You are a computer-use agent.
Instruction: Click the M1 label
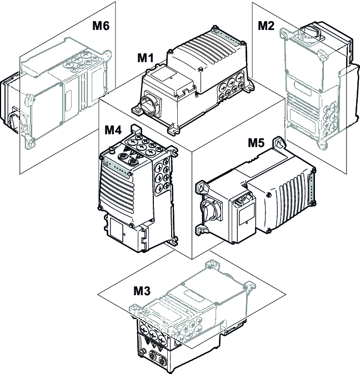coord(147,58)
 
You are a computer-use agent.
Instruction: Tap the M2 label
coord(267,26)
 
